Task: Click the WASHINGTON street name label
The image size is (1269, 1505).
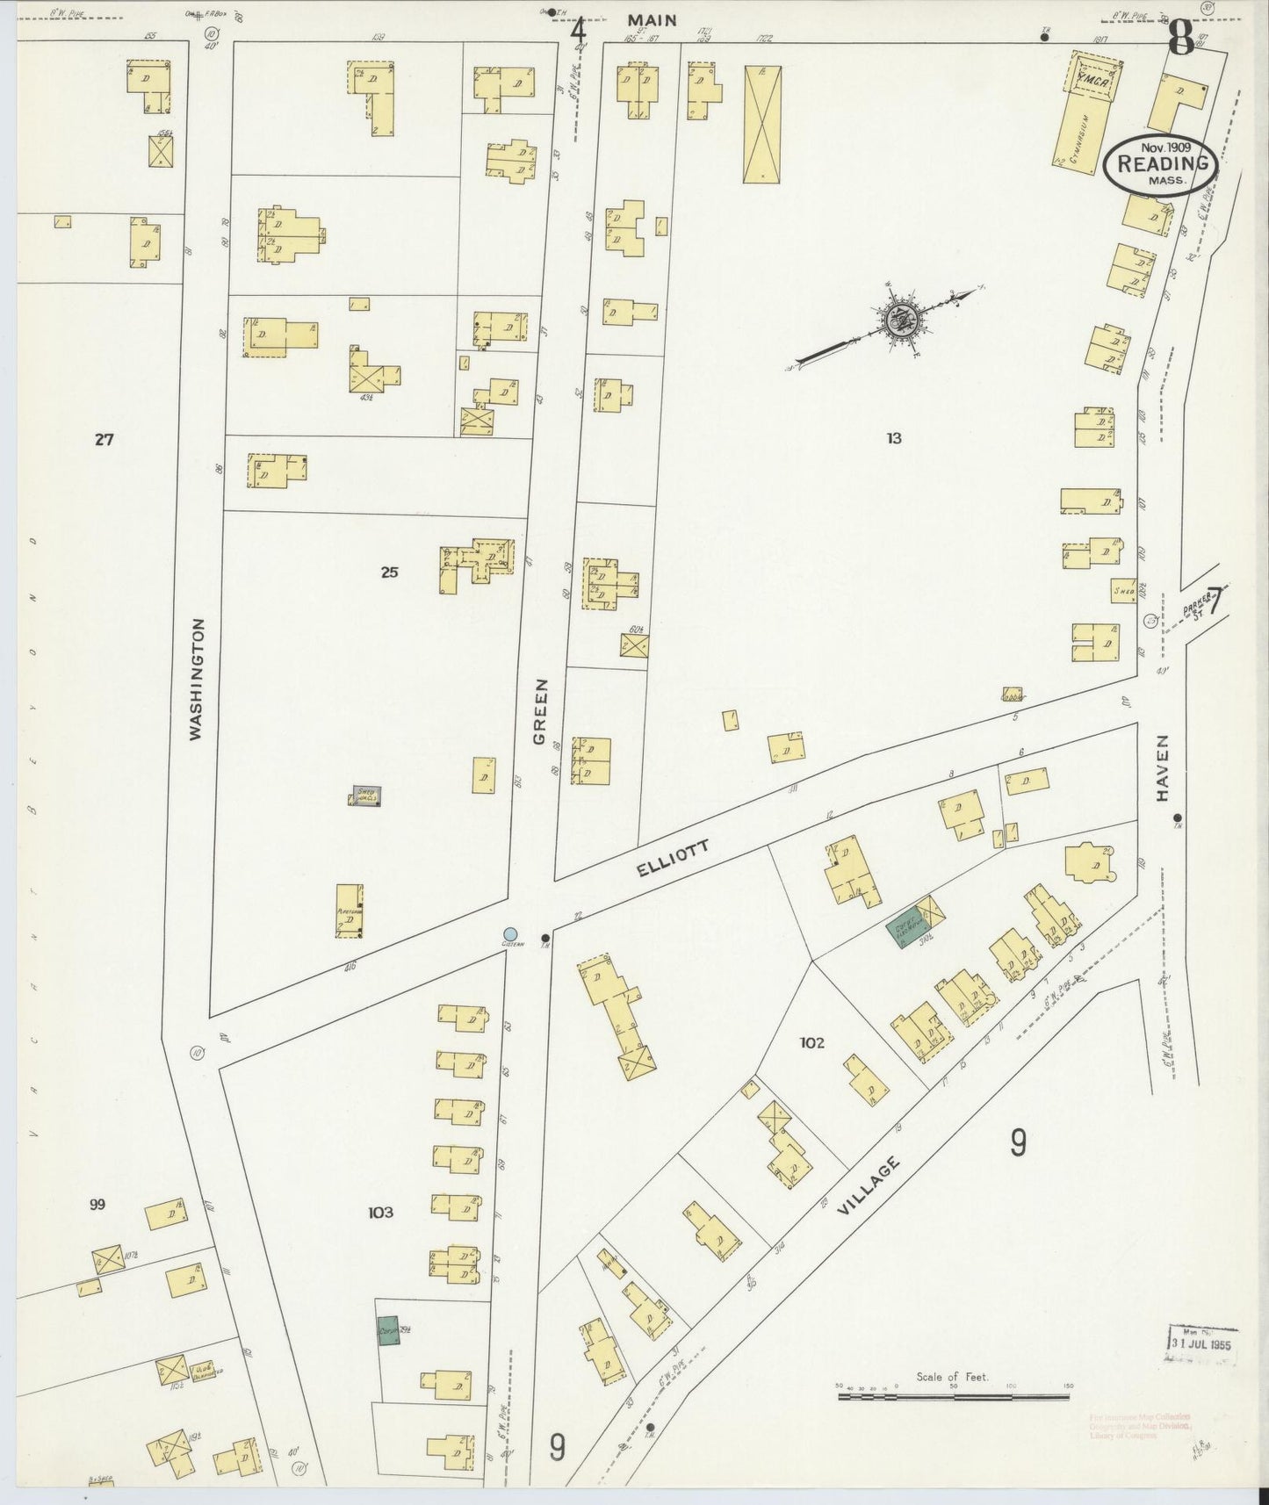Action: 196,679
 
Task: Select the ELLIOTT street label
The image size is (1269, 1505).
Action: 672,857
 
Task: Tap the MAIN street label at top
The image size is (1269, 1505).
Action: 652,19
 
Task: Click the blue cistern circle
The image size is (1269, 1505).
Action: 510,933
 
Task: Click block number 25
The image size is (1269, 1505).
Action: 389,572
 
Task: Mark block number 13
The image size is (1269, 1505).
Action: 893,438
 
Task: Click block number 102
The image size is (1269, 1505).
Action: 811,1043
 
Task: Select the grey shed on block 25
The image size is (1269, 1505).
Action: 367,796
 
